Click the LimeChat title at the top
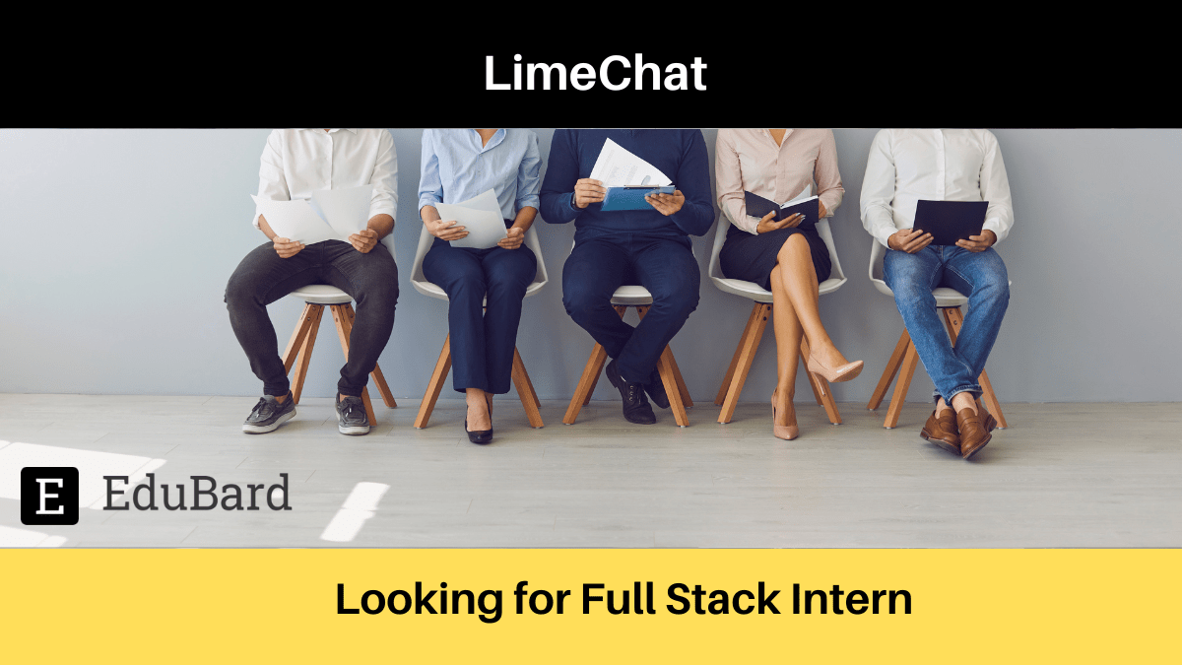click(595, 74)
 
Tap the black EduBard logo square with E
click(49, 496)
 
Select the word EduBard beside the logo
click(197, 494)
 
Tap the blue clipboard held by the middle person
click(635, 198)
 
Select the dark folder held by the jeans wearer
click(950, 220)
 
